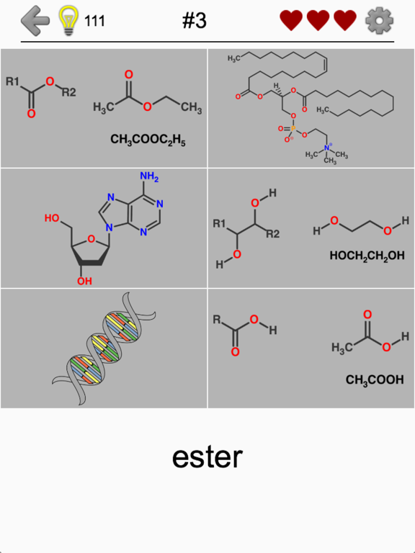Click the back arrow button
pos(35,20)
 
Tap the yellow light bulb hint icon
pos(69,21)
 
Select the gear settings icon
pos(379,21)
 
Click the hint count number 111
pos(94,21)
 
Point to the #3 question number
pos(194,21)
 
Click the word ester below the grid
pos(207,457)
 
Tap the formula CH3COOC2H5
pos(148,140)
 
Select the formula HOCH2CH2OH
pos(367,256)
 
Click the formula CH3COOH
pos(375,380)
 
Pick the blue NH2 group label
pos(149,176)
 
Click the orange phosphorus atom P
pos(293,129)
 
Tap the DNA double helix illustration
pos(104,348)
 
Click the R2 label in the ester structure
pos(69,92)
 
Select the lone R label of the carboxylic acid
pos(217,320)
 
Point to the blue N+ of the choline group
pos(328,148)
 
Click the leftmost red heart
pos(291,20)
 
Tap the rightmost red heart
pos(345,20)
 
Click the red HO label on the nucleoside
pos(52,218)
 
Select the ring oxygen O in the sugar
pos(91,240)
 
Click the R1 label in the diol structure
pos(219,224)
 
